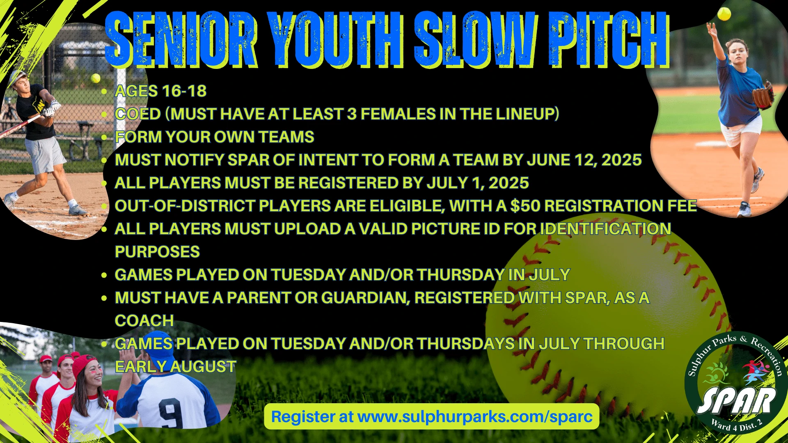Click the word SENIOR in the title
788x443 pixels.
(181, 39)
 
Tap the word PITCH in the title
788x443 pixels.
(609, 39)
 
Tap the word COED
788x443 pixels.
(138, 114)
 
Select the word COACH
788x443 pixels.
(144, 321)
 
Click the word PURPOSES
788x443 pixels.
(157, 252)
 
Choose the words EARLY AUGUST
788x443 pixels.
(176, 367)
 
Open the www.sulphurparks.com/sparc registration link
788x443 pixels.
(475, 417)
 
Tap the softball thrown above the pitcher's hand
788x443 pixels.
(724, 14)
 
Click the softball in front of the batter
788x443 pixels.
(96, 78)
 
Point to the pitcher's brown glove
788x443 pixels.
(763, 95)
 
